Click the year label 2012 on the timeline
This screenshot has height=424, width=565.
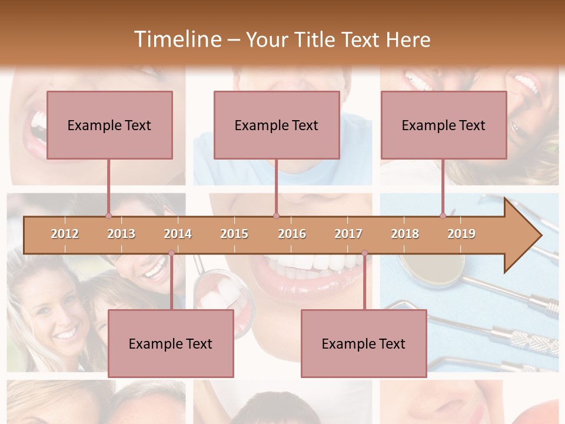click(x=65, y=234)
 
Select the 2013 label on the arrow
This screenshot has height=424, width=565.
click(x=121, y=234)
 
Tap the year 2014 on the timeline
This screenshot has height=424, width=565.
click(x=178, y=234)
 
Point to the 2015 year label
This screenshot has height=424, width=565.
click(x=234, y=234)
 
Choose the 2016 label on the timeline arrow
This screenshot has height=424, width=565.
click(x=292, y=234)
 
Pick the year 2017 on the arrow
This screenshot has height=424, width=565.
click(x=348, y=234)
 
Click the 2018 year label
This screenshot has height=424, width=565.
click(x=405, y=234)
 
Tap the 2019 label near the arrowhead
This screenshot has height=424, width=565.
click(x=461, y=234)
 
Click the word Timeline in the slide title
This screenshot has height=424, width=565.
click(x=177, y=39)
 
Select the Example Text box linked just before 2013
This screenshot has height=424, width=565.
click(x=109, y=125)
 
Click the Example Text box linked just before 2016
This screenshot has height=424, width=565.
click(x=277, y=125)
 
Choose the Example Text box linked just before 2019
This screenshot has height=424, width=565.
click(x=444, y=125)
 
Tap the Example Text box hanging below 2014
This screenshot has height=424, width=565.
click(x=171, y=343)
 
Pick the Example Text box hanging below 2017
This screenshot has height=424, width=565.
click(x=364, y=343)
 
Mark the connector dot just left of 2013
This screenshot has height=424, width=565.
click(x=108, y=216)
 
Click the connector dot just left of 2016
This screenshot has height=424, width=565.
click(x=276, y=216)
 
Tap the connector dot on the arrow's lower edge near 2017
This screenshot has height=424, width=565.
click(x=364, y=253)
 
